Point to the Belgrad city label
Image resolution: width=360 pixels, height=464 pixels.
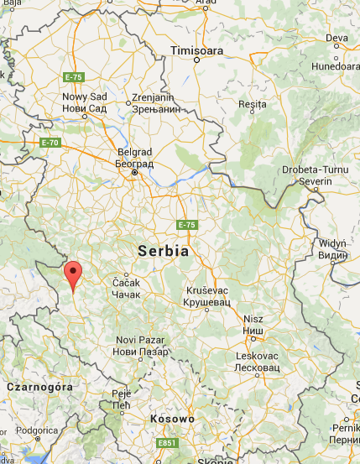(x=134, y=159)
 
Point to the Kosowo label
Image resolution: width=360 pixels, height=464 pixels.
(x=172, y=418)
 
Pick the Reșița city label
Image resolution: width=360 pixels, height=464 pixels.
(x=253, y=104)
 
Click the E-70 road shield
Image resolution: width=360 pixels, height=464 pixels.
(x=50, y=143)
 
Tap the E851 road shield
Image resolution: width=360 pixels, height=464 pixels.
(x=165, y=443)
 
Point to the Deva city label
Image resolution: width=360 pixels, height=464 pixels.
(x=337, y=39)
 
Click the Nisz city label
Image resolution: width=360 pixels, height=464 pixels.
(x=253, y=324)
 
